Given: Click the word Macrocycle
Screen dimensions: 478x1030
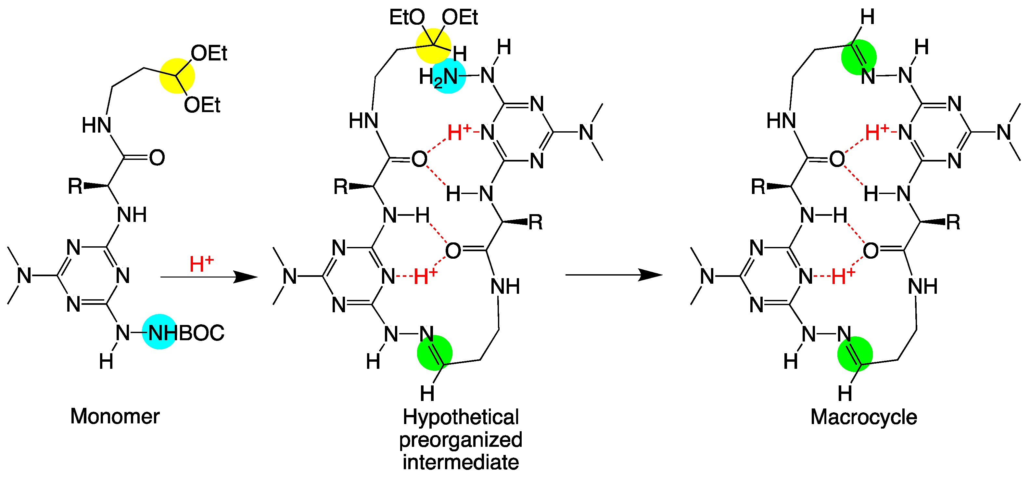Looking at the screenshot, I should tap(863, 417).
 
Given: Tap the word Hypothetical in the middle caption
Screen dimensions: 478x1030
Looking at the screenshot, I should tap(461, 417).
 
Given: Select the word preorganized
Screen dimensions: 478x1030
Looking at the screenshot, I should tap(461, 440).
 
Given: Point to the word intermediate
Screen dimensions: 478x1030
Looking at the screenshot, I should tap(461, 462).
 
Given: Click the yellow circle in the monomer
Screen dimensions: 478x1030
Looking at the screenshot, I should tap(177, 76).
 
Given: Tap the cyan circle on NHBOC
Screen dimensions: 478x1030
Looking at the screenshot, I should tap(160, 331).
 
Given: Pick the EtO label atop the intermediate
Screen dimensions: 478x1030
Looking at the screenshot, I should tap(407, 18).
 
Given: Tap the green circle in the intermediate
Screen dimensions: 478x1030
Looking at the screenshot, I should tap(435, 353).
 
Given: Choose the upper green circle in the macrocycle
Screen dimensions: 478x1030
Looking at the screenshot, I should tap(858, 57).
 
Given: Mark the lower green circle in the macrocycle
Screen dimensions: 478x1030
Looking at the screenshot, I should tap(855, 354).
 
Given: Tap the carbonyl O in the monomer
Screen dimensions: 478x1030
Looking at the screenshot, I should tap(157, 158).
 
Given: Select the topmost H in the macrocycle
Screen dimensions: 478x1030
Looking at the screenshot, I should tap(867, 17).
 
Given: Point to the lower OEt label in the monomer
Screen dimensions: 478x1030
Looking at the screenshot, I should tap(202, 105).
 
